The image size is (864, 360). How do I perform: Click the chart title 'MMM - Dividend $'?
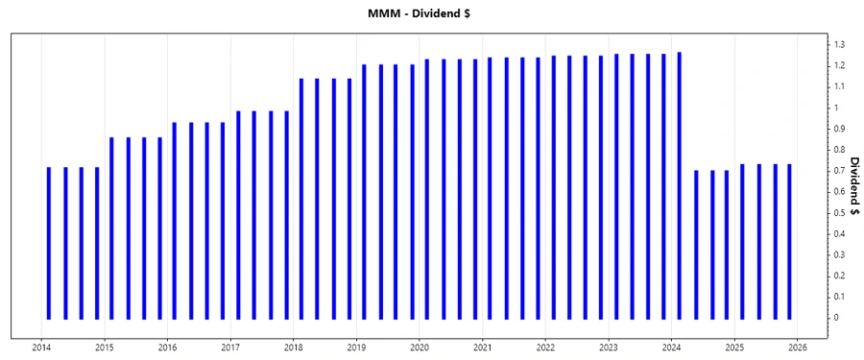[x=430, y=12]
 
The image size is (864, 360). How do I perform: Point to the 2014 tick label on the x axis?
[x=41, y=348]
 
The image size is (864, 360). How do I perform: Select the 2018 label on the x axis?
[x=294, y=348]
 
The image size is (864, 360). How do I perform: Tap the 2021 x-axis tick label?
[x=483, y=348]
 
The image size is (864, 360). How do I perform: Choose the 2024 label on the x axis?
[x=671, y=348]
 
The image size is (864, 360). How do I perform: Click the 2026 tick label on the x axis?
[x=798, y=348]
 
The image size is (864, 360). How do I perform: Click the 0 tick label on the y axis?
[x=836, y=318]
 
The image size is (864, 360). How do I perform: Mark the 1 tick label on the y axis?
[x=836, y=108]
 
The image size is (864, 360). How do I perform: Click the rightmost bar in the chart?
[x=789, y=241]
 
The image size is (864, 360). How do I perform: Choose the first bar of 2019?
[x=364, y=192]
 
